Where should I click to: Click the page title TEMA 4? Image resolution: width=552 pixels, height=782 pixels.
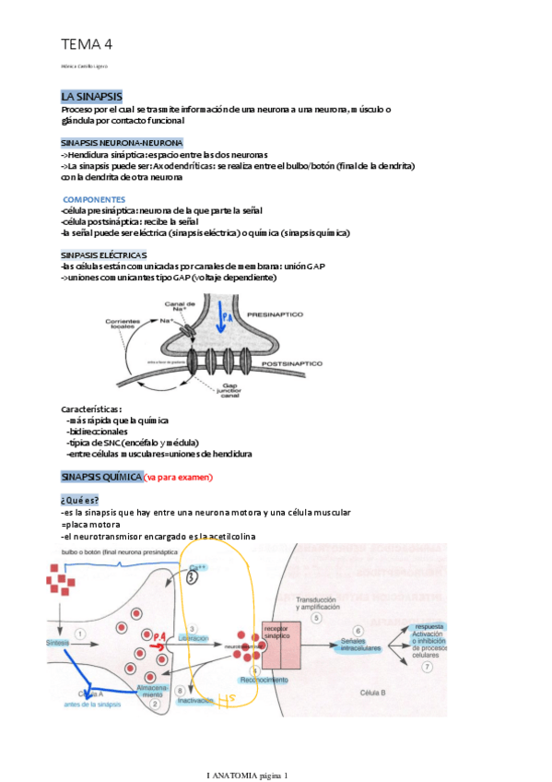pyautogui.click(x=87, y=43)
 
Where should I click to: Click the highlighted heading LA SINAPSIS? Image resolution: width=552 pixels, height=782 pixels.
pyautogui.click(x=91, y=97)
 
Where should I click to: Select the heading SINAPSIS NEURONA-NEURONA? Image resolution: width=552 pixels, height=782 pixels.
pyautogui.click(x=122, y=143)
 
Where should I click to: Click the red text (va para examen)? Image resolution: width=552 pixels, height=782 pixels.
pyautogui.click(x=178, y=477)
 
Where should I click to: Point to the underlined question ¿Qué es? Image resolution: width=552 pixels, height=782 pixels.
pyautogui.click(x=80, y=500)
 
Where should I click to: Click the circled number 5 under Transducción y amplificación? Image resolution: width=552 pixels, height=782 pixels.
pyautogui.click(x=316, y=619)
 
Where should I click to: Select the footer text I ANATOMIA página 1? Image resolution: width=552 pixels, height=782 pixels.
pyautogui.click(x=247, y=776)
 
